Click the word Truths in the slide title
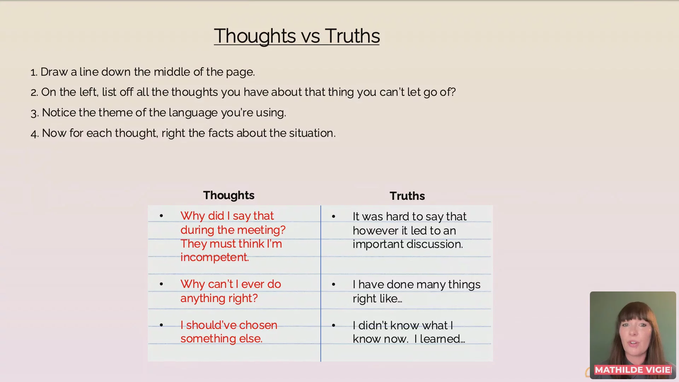coord(352,36)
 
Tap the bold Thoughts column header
coord(229,195)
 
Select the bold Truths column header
coord(407,196)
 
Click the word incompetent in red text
coord(215,257)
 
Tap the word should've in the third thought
coord(208,325)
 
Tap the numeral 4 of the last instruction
coord(34,134)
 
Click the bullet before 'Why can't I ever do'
coord(161,284)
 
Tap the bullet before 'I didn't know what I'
coord(333,325)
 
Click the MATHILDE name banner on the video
coord(633,370)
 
